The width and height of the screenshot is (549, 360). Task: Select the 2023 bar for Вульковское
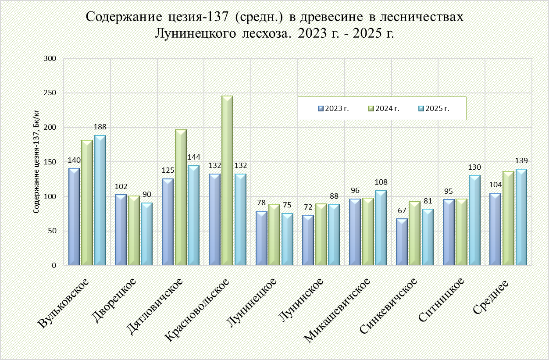coord(74,217)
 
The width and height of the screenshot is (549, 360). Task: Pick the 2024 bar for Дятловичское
coord(181,197)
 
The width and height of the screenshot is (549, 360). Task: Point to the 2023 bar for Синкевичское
coord(402,242)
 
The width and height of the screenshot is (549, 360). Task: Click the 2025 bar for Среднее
coord(521,217)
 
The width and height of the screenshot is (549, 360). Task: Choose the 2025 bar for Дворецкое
coord(146,234)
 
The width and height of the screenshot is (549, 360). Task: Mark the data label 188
coord(100,127)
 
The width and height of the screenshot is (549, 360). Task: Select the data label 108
coord(381,182)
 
